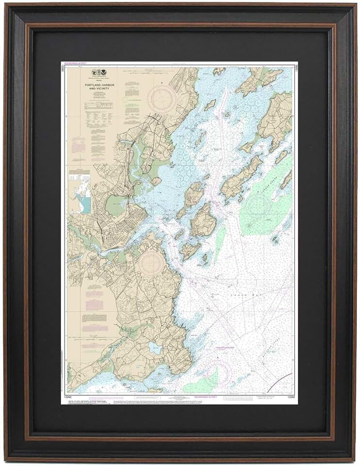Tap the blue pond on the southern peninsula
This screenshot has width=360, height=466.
tap(155, 348)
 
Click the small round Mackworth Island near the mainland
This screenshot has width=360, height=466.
tap(156, 181)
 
